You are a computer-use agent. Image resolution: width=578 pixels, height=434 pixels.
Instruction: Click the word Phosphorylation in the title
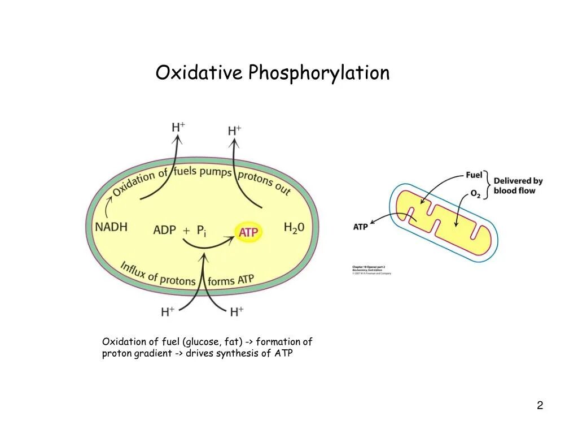pos(319,73)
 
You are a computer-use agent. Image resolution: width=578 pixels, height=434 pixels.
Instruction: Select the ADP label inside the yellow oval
pos(164,231)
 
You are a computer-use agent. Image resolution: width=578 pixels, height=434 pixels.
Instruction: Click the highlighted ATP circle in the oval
pos(249,232)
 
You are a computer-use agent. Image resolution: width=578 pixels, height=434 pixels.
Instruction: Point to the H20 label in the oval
pos(294,228)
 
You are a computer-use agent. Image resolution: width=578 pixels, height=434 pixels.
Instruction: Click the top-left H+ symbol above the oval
pos(178,127)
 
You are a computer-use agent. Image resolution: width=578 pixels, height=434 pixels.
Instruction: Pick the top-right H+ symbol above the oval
pos(234,131)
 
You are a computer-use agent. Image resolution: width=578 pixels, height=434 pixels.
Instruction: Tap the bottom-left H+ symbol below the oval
pos(168,311)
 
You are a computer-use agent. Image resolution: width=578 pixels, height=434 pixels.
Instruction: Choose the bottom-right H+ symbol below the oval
pos(237,311)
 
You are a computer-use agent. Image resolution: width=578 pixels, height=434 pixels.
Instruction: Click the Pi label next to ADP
pos(201,231)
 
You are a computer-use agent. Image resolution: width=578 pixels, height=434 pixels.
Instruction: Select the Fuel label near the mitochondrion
pos(474,175)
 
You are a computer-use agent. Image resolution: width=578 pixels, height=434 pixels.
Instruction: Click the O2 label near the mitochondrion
pos(475,194)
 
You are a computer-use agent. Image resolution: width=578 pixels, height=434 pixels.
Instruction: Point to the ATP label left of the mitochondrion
pos(361,227)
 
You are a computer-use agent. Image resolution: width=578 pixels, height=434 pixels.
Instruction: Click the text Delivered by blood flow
pos(518,186)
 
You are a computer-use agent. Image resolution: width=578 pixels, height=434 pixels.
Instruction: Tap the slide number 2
pos(540,405)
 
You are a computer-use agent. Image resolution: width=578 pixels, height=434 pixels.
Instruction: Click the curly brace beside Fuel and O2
pos(488,184)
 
